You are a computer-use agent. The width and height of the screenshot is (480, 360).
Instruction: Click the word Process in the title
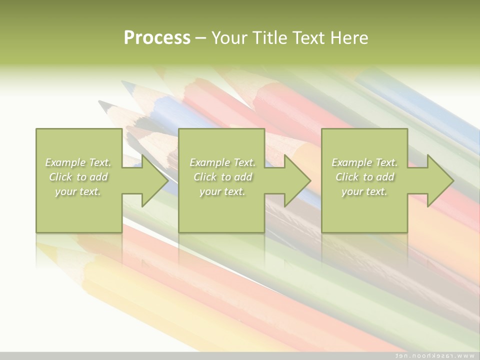pos(157,38)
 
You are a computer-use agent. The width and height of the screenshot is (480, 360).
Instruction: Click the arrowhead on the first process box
pos(152,180)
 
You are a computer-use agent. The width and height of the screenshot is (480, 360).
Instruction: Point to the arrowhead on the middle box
pos(295,180)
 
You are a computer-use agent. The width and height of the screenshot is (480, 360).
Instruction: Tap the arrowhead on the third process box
pos(438,180)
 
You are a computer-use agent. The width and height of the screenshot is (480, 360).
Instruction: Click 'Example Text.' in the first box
pos(78,162)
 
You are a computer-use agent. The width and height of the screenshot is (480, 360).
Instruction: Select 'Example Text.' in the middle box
pos(222,162)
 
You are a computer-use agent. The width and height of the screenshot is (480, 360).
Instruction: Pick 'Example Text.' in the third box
pos(364,162)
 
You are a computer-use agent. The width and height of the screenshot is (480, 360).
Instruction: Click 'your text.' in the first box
pos(78,191)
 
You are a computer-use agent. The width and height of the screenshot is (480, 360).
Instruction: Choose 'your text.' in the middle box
pos(222,191)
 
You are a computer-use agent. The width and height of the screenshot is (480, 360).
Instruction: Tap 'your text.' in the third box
pos(364,191)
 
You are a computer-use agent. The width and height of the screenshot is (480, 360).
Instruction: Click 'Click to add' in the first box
pos(78,177)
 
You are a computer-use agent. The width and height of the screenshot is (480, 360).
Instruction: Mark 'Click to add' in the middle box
pos(222,177)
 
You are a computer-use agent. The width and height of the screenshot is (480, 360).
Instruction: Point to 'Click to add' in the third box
pos(364,177)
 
